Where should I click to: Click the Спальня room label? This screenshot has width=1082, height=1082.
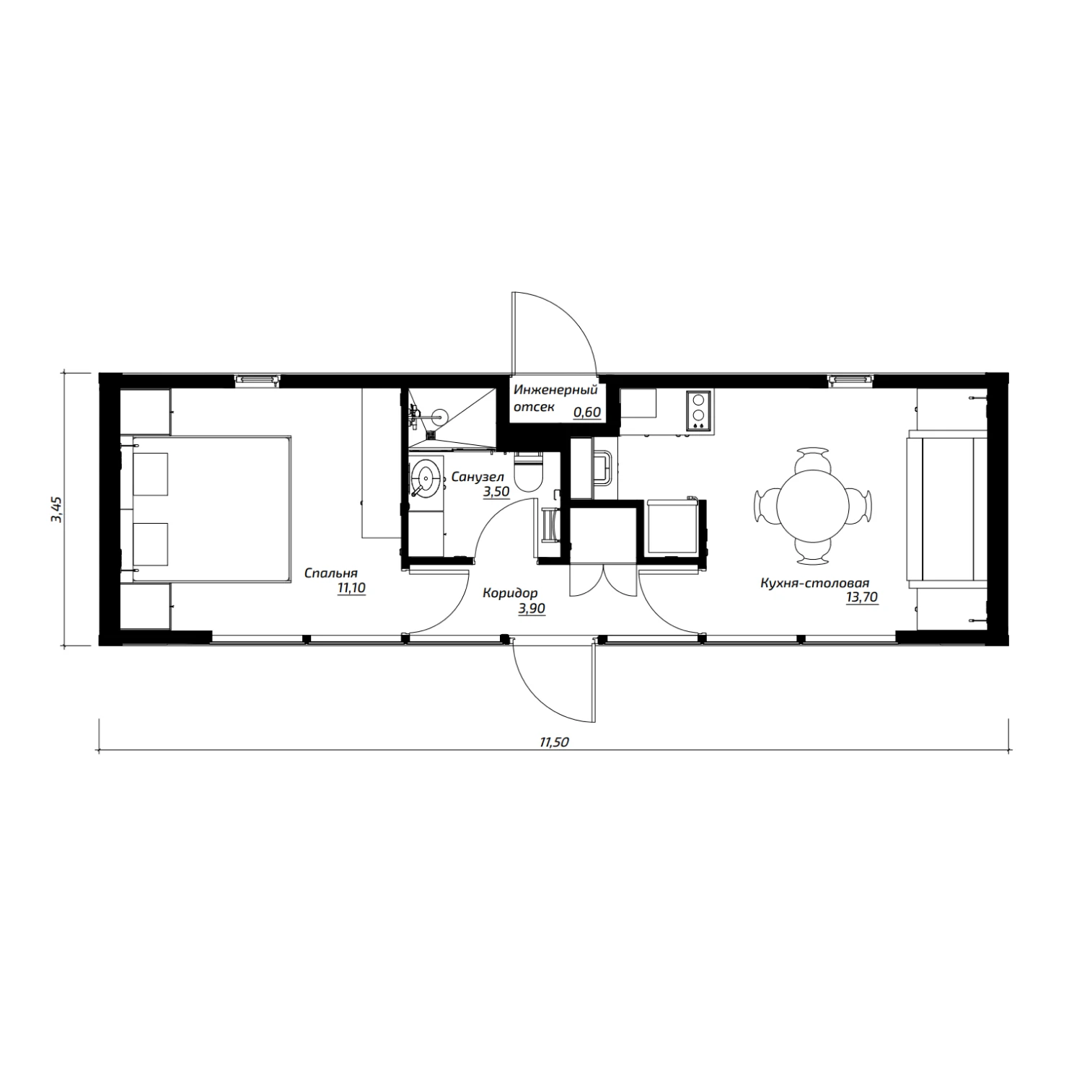[x=331, y=573]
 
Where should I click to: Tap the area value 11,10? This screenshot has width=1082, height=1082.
[x=351, y=589]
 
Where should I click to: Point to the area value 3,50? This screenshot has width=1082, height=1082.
[x=496, y=492]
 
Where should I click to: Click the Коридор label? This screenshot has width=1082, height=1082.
[x=510, y=594]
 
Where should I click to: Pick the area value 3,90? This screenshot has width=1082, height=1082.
[x=531, y=609]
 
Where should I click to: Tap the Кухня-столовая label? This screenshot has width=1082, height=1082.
[x=814, y=583]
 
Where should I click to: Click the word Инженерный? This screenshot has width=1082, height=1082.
[x=555, y=391]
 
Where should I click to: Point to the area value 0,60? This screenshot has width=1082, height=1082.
[x=587, y=413]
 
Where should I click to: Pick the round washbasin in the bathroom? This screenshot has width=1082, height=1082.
[x=428, y=477]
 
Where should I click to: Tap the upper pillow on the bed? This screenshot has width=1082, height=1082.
[x=151, y=474]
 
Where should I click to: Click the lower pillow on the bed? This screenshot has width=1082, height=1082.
[x=151, y=544]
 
